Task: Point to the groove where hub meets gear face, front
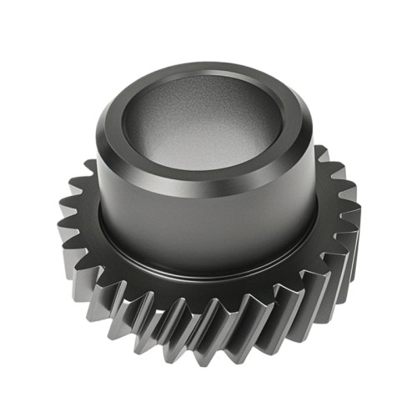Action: (208, 271)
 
